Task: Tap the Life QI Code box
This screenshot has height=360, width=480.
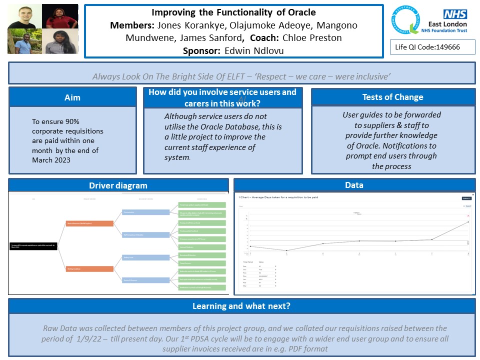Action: click(432, 47)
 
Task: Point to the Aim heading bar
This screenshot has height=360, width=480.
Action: click(72, 97)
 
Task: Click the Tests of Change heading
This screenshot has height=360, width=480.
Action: click(392, 97)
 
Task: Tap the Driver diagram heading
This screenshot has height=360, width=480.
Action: click(118, 185)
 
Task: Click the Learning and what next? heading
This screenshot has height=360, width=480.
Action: click(241, 306)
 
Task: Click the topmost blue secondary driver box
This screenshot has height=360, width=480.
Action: click(146, 212)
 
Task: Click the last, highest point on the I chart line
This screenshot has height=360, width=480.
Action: click(468, 221)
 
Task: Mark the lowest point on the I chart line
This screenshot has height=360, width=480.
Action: click(286, 250)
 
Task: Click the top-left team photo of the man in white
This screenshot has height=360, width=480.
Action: click(24, 16)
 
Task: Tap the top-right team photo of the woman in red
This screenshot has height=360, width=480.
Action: click(59, 16)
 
